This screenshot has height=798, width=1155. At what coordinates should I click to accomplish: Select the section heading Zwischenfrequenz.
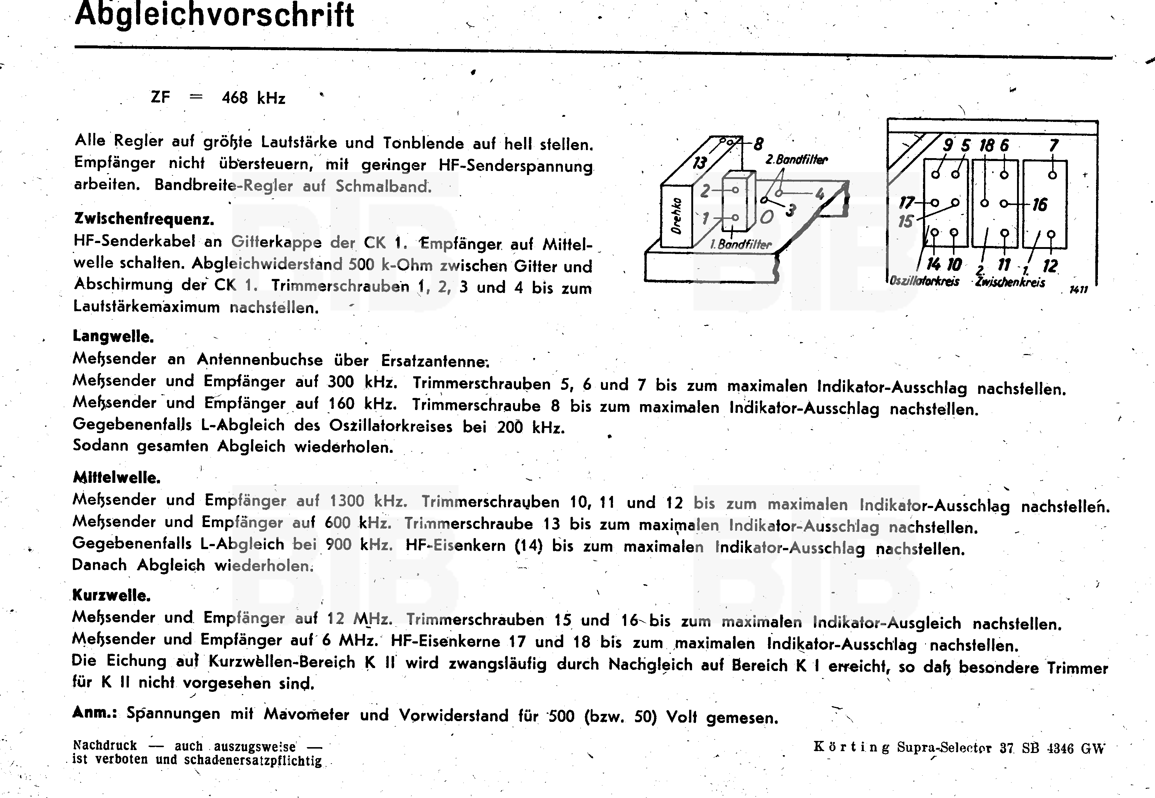[x=144, y=219]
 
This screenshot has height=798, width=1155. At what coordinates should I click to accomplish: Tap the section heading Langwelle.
[x=113, y=336]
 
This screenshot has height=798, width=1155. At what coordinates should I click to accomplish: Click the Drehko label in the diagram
[x=676, y=216]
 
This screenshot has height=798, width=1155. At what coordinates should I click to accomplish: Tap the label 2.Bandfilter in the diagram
[x=797, y=160]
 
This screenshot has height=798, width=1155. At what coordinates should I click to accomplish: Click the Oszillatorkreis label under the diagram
[x=924, y=281]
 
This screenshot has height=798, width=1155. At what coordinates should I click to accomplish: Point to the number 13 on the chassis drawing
[x=700, y=163]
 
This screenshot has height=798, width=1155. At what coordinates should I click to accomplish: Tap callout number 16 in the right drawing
[x=1040, y=205]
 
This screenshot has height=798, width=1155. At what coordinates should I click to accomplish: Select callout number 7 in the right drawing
[x=1054, y=145]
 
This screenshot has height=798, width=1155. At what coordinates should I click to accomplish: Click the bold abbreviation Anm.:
[x=94, y=712]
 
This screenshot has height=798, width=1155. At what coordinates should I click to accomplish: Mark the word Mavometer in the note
[x=306, y=714]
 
